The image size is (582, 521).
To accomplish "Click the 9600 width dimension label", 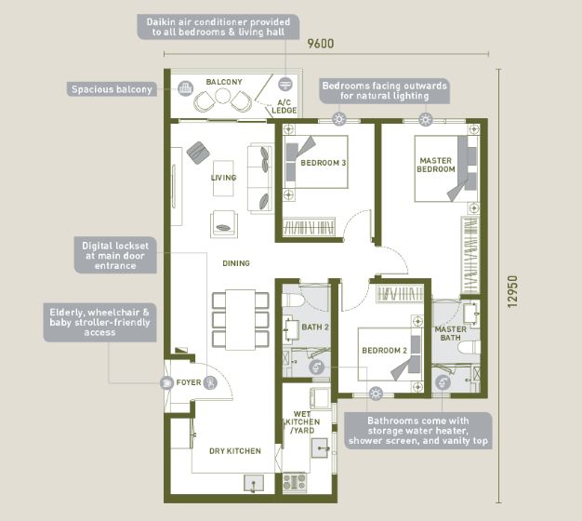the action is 321,44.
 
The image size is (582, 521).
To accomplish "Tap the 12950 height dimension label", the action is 512,291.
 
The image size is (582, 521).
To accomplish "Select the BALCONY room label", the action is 224,82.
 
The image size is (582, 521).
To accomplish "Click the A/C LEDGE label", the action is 284,107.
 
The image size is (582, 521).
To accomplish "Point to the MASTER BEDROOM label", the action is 436,165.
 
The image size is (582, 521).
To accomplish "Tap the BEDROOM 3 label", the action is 324,163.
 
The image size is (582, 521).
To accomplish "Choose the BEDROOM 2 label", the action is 385,350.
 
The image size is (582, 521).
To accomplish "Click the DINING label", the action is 236,263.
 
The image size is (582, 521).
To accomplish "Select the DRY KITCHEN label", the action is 235,451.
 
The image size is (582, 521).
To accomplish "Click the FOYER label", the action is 189,382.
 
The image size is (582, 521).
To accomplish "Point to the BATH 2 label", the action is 315,327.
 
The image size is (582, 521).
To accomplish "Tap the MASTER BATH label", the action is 451,333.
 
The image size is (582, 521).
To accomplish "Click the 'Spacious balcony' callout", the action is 112,89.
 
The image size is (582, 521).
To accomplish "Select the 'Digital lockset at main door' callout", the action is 115,256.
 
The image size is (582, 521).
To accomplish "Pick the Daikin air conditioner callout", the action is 218,27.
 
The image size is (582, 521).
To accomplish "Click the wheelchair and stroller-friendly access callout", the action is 99,322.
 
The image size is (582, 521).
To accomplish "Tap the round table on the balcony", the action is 223,96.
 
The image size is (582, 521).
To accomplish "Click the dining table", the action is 241,320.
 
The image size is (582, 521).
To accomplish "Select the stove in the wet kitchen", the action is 295,482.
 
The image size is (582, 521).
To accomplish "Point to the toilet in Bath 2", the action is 293,300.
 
